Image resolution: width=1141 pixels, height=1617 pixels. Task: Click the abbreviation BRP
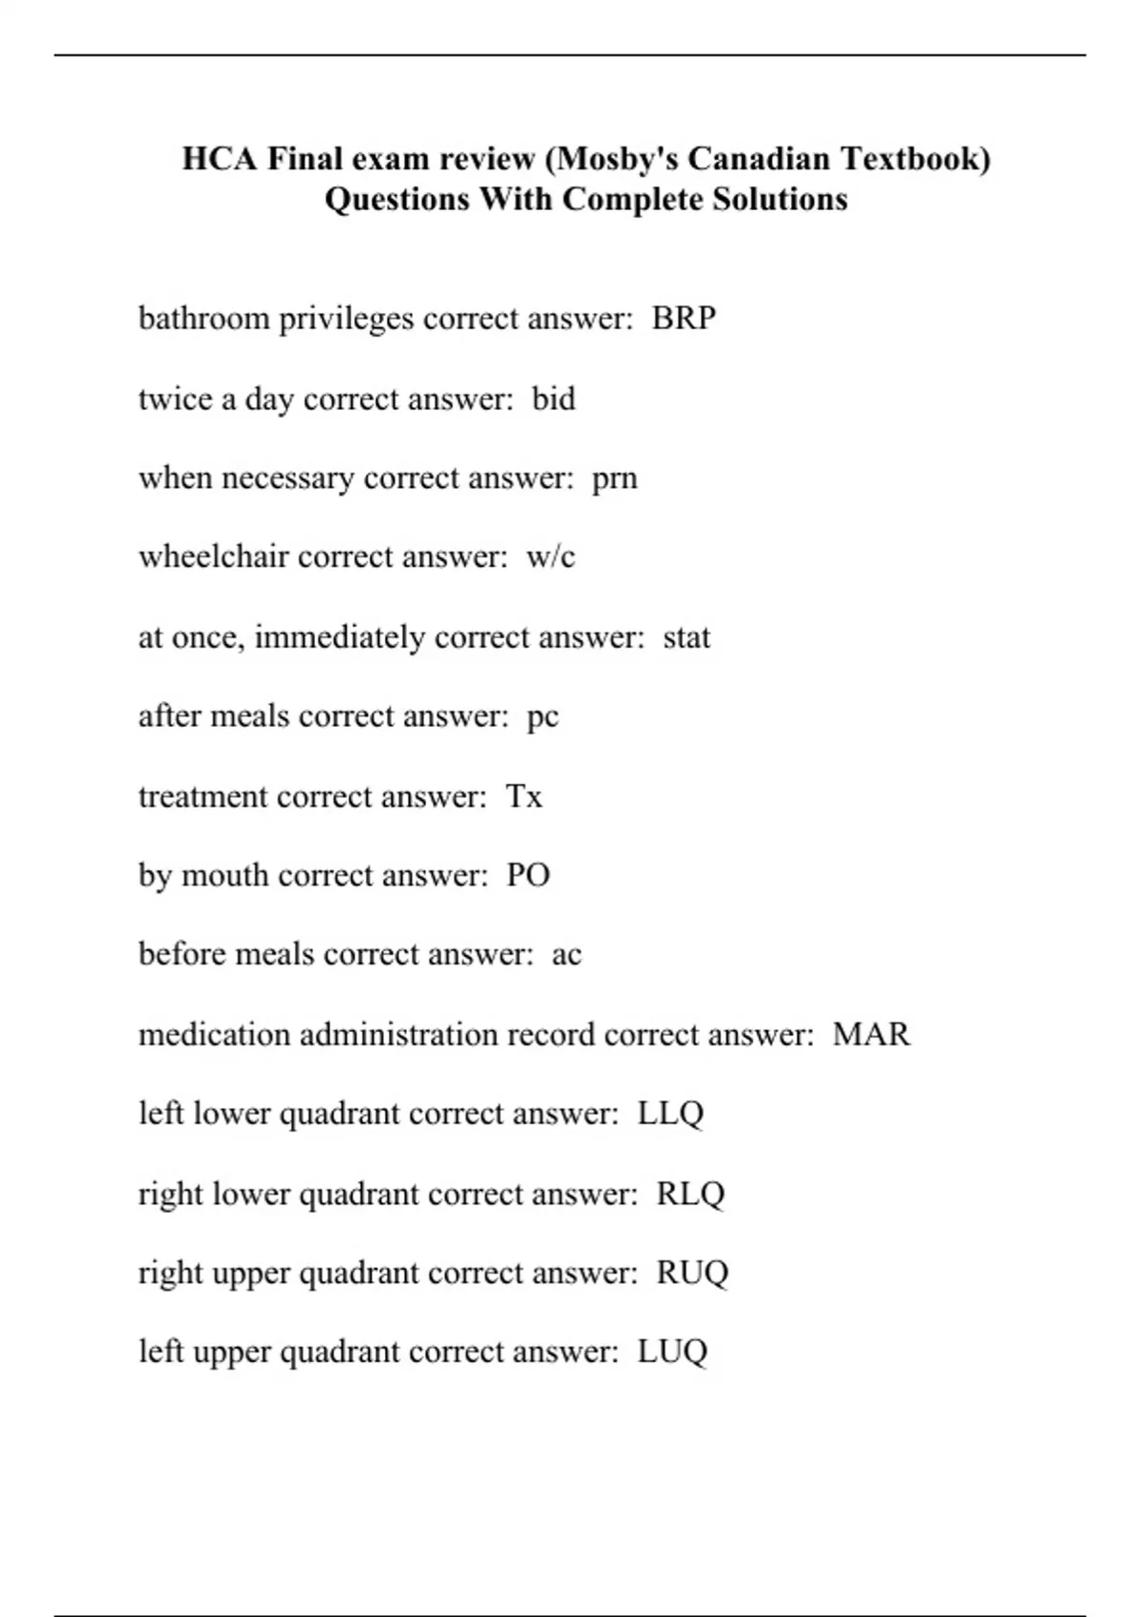tap(684, 318)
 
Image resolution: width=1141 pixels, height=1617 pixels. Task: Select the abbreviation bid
tap(553, 398)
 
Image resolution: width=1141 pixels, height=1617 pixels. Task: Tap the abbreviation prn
tap(614, 477)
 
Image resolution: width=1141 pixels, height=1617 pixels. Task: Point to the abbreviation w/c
tap(551, 556)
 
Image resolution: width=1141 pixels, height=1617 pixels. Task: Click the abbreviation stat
tap(687, 636)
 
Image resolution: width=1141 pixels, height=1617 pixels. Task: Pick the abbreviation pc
tap(543, 716)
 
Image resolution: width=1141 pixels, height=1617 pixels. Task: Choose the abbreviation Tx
tap(524, 795)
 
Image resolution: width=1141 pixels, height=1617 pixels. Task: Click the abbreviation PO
tap(528, 875)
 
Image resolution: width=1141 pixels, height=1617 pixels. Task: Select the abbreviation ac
tap(567, 954)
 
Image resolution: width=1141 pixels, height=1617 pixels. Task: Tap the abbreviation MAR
tap(871, 1034)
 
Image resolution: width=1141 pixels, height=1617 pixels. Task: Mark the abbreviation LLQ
tap(670, 1113)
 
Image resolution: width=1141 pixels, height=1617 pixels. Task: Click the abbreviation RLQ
tap(690, 1193)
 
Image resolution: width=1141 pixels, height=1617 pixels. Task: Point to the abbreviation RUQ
tap(692, 1273)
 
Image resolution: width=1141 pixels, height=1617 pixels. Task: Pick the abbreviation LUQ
tap(672, 1352)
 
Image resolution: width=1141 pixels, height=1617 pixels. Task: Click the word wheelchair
tap(213, 556)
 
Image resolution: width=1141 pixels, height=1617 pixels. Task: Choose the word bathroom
tap(203, 318)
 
